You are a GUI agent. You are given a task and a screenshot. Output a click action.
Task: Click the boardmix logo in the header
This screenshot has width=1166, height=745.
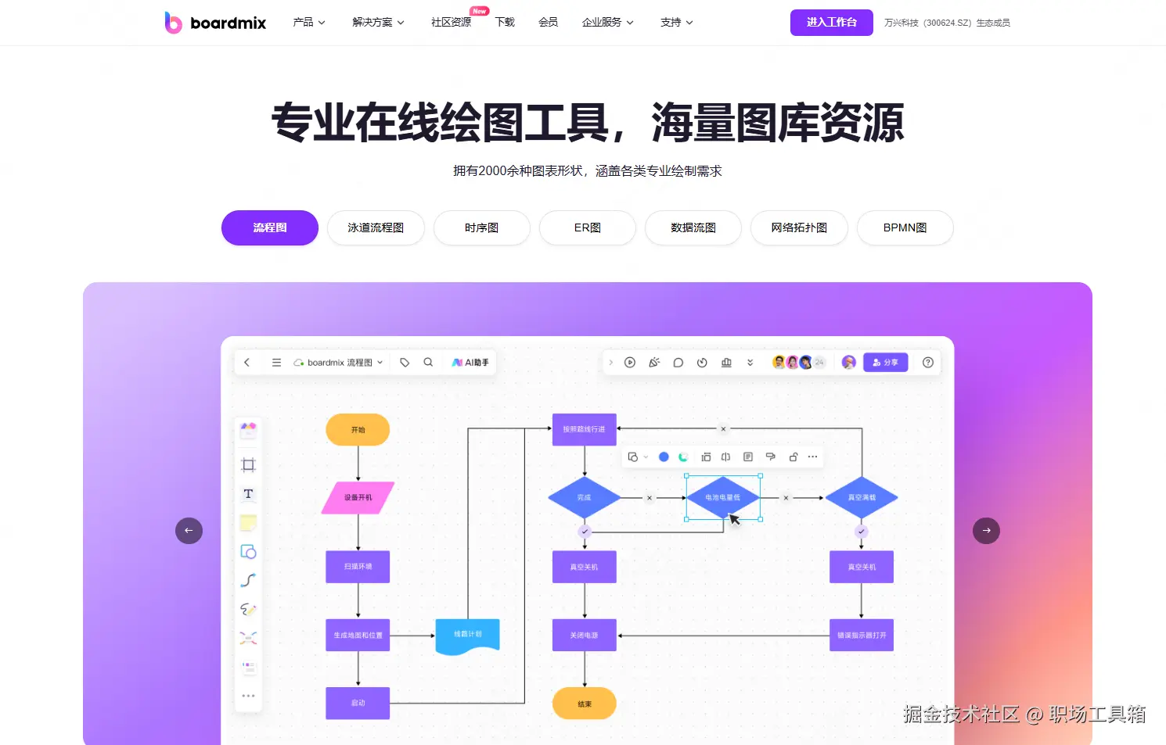click(x=215, y=23)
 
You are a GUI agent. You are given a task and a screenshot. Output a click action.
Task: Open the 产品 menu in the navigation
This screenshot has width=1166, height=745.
click(x=308, y=23)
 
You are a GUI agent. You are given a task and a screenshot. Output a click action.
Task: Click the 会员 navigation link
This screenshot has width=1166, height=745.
click(x=548, y=23)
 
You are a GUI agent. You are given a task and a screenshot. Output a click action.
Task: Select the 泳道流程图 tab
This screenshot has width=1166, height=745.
click(x=376, y=228)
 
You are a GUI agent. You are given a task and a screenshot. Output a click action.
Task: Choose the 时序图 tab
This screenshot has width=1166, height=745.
click(x=481, y=228)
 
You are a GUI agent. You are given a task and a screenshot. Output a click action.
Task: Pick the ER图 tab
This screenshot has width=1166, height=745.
click(x=587, y=228)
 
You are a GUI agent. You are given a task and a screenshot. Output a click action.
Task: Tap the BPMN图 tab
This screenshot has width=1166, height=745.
click(x=905, y=228)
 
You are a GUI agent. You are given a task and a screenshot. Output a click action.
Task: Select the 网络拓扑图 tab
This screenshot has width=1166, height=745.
click(x=799, y=228)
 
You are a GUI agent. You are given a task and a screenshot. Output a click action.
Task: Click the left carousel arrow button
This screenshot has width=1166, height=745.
click(x=189, y=531)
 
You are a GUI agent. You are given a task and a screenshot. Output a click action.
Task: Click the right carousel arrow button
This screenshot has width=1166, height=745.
click(x=986, y=531)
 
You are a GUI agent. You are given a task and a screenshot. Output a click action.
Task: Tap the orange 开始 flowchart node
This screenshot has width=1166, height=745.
click(x=358, y=430)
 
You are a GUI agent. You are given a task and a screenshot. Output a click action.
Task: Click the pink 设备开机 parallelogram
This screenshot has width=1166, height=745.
click(x=358, y=498)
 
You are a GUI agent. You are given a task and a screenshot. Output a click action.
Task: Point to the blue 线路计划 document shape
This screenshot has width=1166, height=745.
click(x=467, y=636)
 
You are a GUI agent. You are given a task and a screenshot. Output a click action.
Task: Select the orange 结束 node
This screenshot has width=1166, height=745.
click(x=585, y=704)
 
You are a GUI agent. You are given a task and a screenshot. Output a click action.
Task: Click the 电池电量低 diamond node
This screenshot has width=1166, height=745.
click(x=722, y=497)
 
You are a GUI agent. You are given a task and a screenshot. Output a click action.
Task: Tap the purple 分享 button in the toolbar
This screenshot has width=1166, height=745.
click(x=885, y=363)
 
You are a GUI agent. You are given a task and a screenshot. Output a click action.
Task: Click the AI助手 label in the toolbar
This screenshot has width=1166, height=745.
click(x=471, y=363)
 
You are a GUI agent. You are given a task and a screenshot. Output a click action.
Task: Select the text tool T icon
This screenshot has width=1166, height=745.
click(x=248, y=494)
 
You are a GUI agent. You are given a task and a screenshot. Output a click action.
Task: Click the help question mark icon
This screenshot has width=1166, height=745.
click(x=928, y=363)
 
